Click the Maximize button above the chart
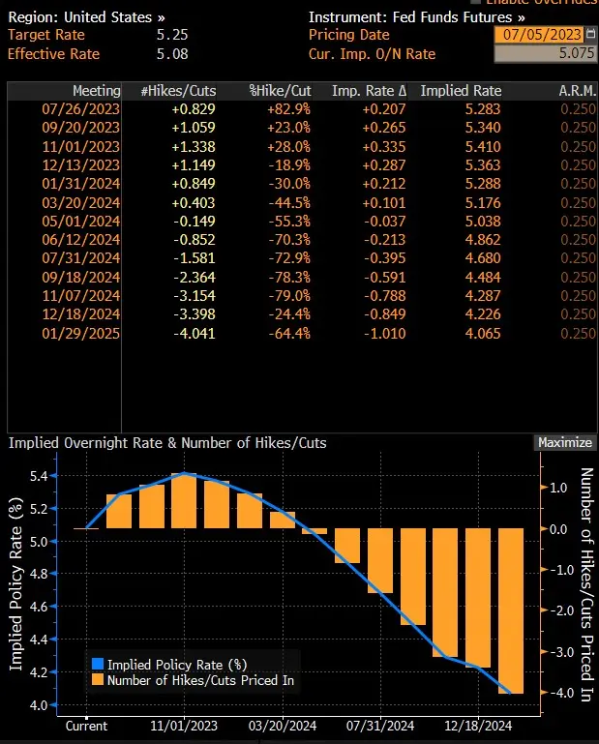tap(564, 442)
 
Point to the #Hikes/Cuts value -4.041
tap(194, 334)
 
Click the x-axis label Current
tap(87, 726)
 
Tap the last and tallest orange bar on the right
tap(512, 610)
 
